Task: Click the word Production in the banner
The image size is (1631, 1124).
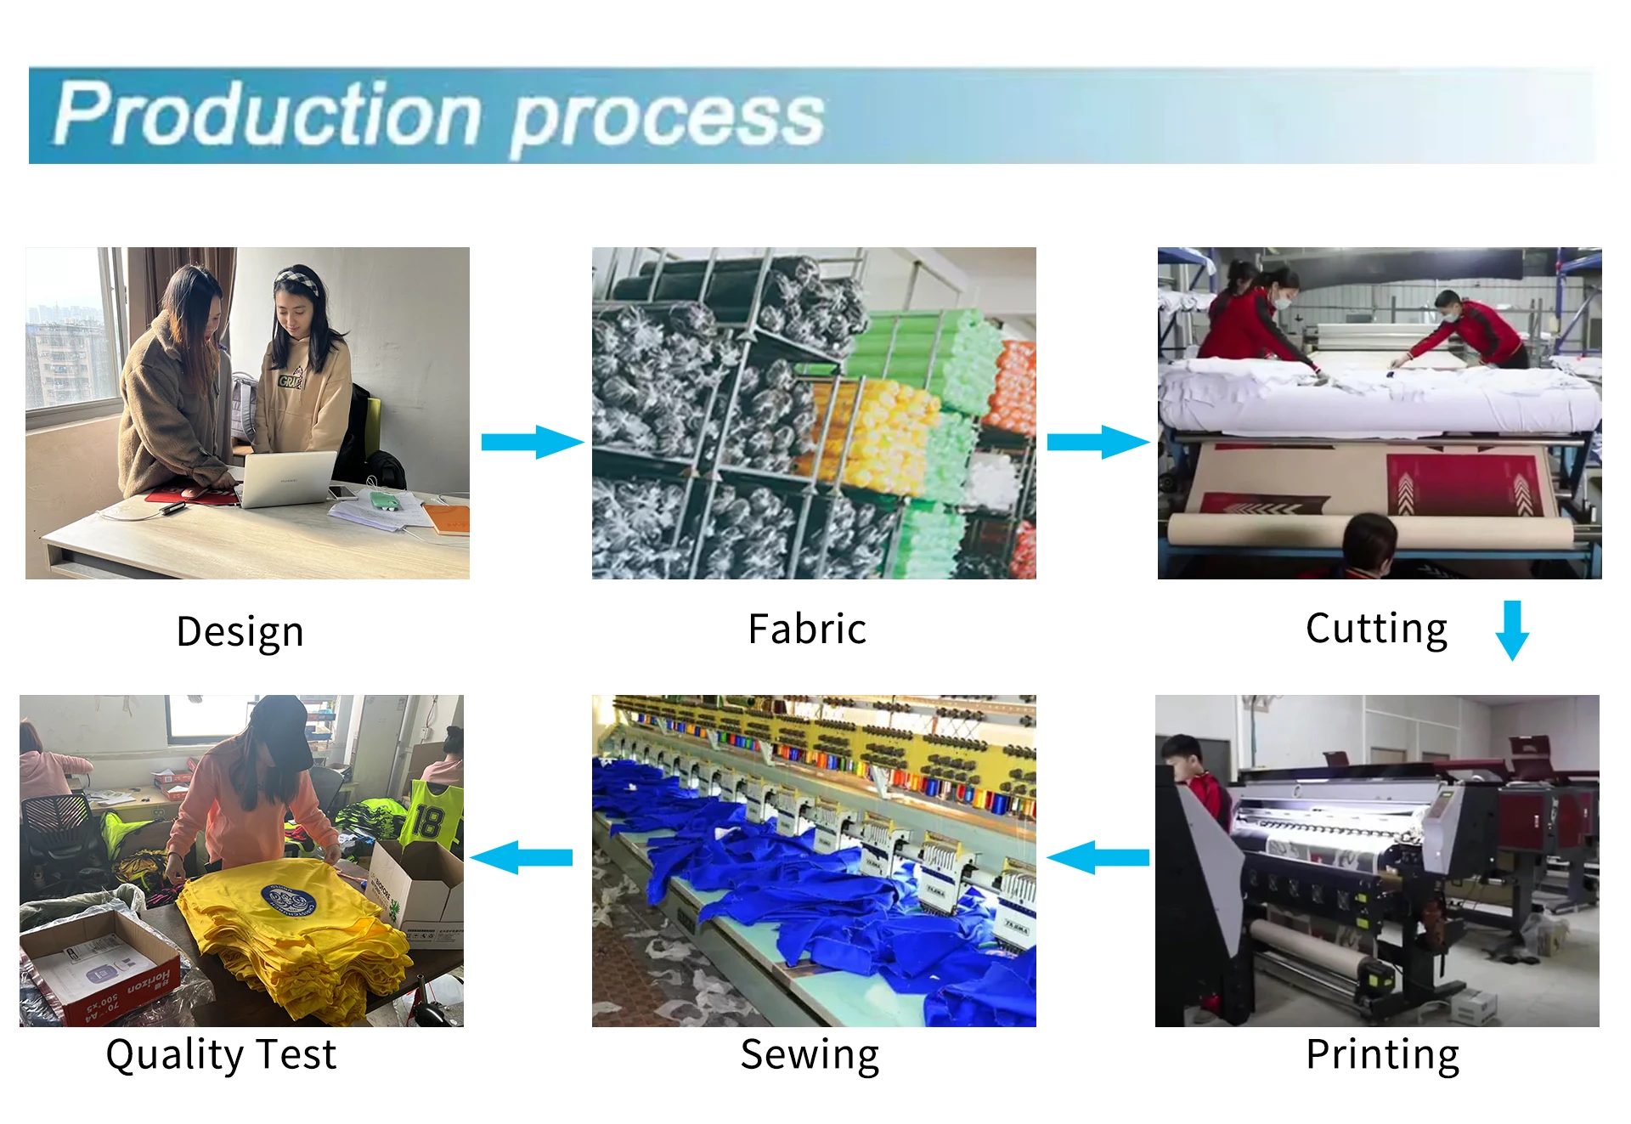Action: pos(268,115)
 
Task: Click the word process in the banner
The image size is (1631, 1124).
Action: pos(667,120)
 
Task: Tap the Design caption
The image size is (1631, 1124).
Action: pos(240,632)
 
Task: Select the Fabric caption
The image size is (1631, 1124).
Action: pos(807,630)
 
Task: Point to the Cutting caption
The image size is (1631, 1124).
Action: pos(1376,630)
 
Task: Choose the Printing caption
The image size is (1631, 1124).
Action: pos(1382,1054)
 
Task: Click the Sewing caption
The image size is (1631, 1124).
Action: pos(810,1054)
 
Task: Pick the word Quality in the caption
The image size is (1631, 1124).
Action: pos(174,1054)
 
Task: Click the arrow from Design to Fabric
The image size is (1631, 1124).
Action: pos(532,442)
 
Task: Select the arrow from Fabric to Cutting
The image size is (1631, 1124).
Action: pos(1098,442)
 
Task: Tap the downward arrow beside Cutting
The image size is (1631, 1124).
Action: pos(1512,630)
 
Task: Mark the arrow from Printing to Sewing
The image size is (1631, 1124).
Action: pos(1098,857)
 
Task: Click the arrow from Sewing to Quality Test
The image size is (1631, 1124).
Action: pos(522,857)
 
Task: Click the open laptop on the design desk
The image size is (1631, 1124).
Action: pos(289,478)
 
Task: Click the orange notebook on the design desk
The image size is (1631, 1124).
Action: pos(447,518)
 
